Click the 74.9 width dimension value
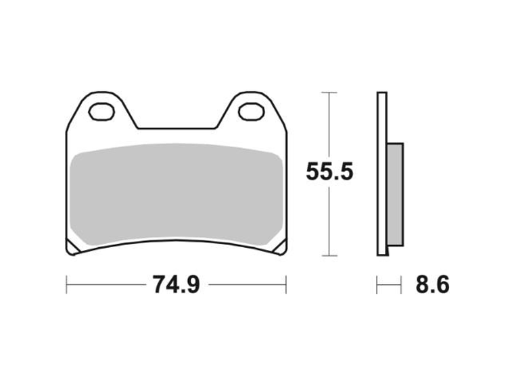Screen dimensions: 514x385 (x=176, y=284)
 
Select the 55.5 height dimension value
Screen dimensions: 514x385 (x=329, y=172)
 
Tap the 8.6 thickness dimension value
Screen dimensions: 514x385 (x=432, y=284)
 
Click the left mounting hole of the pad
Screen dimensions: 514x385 (x=101, y=111)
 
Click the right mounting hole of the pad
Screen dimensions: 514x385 (x=252, y=111)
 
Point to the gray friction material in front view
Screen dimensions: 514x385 (x=177, y=194)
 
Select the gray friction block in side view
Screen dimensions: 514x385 (x=396, y=195)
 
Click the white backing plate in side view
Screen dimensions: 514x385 (x=382, y=174)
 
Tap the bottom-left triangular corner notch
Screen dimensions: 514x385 (x=72, y=248)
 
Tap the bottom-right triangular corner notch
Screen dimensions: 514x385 (x=281, y=248)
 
